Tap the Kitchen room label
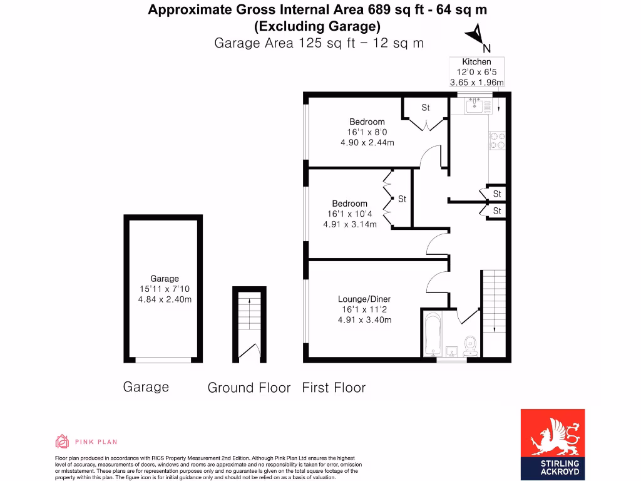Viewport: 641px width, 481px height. (x=476, y=61)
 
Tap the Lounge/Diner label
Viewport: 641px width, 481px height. (x=364, y=299)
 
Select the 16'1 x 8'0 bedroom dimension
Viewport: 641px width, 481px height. (x=366, y=132)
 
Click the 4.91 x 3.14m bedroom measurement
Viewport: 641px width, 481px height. (x=349, y=224)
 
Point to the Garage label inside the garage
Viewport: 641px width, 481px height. (x=164, y=278)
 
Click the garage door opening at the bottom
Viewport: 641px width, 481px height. (x=164, y=359)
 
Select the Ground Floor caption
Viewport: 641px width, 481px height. (x=249, y=388)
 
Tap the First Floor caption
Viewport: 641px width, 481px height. (x=334, y=388)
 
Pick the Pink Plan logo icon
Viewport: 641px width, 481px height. (x=62, y=442)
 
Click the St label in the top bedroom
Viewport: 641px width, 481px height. (x=426, y=108)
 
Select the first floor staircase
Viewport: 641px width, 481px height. (x=493, y=301)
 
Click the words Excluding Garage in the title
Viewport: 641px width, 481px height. (x=317, y=26)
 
